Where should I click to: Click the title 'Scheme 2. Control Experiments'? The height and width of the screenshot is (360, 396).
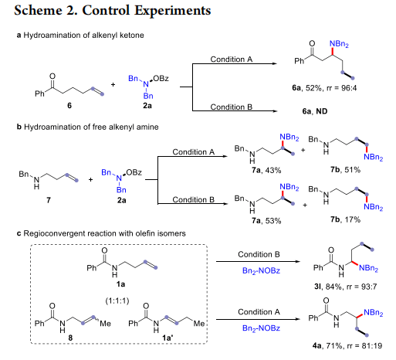point(113,11)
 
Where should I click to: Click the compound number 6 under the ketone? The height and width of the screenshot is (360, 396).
point(69,105)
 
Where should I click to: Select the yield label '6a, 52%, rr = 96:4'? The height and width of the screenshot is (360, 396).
point(324,88)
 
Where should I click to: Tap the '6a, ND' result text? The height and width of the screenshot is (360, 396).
point(315,111)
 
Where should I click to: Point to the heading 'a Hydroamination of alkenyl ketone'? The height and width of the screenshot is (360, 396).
point(80,36)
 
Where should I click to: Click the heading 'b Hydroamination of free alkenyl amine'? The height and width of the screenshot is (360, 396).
point(87,127)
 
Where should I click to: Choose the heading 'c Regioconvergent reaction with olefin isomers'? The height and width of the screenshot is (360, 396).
point(101,233)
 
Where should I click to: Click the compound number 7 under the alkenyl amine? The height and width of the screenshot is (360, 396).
point(49,200)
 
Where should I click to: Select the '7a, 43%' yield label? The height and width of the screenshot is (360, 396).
point(266,170)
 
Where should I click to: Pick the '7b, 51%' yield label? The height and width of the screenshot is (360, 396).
point(345,170)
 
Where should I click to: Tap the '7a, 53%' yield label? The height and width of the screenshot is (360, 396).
point(266,221)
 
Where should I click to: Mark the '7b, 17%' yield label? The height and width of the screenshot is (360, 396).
point(345,219)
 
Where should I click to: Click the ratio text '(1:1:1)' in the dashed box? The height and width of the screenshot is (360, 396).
point(117,301)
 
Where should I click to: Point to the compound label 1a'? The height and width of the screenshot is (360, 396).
point(168,338)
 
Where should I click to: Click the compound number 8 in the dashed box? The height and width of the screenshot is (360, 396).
point(70,338)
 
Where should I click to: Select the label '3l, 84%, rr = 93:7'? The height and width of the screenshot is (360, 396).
point(345,287)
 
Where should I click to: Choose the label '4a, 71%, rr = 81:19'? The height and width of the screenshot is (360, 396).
point(347,345)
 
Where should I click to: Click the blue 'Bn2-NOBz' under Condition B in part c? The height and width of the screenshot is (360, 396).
point(261,271)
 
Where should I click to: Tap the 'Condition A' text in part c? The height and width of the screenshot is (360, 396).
point(259,312)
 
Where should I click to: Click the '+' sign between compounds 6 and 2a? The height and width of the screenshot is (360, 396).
point(113,84)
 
